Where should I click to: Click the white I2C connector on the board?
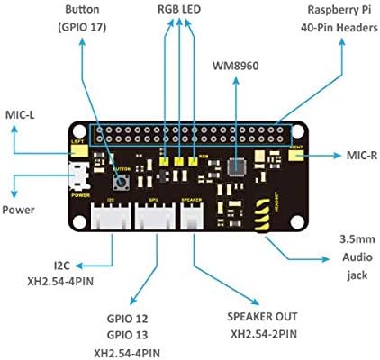click(x=107, y=216)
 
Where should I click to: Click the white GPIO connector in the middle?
click(x=154, y=216)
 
